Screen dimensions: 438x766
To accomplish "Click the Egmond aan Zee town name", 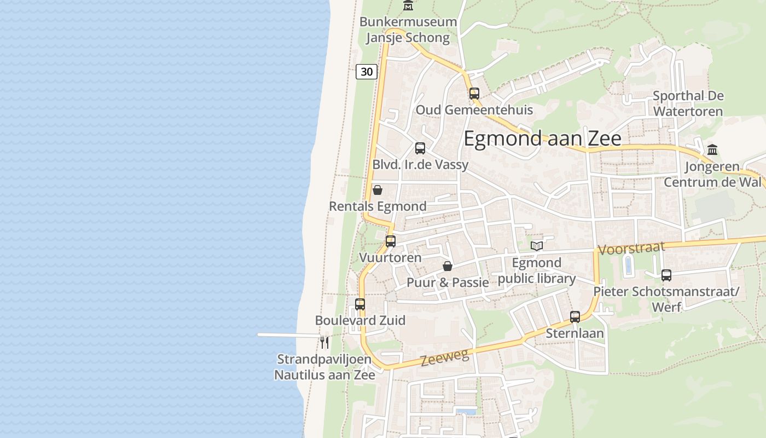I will pyautogui.click(x=542, y=139).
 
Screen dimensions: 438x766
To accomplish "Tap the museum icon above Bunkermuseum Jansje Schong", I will pyautogui.click(x=408, y=6).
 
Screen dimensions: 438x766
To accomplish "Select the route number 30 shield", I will pyautogui.click(x=367, y=71).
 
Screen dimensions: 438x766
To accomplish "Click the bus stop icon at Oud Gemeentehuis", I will pyautogui.click(x=474, y=93).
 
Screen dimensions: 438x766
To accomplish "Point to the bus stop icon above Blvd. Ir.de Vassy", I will pyautogui.click(x=420, y=148).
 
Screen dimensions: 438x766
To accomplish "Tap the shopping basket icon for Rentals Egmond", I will pyautogui.click(x=378, y=190).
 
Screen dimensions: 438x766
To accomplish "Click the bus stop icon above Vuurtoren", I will pyautogui.click(x=391, y=241).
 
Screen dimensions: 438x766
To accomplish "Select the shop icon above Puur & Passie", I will pyautogui.click(x=448, y=266).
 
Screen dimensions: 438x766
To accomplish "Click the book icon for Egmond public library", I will pyautogui.click(x=537, y=246).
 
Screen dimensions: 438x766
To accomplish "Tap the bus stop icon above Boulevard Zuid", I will pyautogui.click(x=360, y=304).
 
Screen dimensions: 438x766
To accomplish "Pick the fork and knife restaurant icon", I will pyautogui.click(x=324, y=342).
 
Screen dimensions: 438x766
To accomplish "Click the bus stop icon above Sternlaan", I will pyautogui.click(x=575, y=316).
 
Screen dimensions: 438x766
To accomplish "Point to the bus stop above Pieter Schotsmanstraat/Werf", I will pyautogui.click(x=666, y=275).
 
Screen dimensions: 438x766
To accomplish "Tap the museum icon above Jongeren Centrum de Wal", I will pyautogui.click(x=712, y=149).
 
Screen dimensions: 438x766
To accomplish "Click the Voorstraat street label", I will pyautogui.click(x=631, y=248).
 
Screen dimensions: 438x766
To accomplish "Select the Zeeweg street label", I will pyautogui.click(x=445, y=358).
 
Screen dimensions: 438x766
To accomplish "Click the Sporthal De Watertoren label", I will pyautogui.click(x=688, y=103).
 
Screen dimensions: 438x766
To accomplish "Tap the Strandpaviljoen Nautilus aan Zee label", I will pyautogui.click(x=324, y=367).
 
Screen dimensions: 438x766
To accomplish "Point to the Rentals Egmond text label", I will pyautogui.click(x=378, y=206).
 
